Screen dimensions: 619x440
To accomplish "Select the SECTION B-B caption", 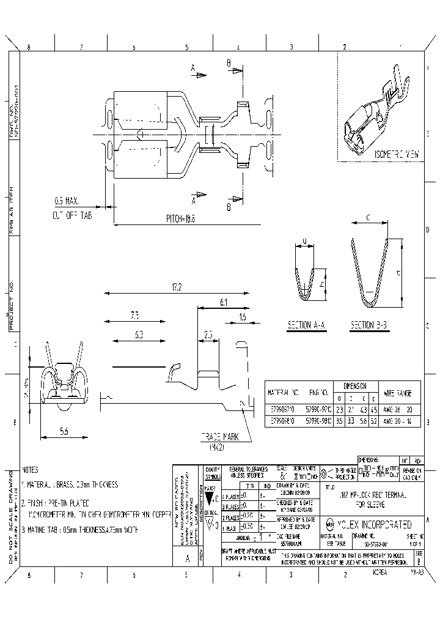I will [x=369, y=326].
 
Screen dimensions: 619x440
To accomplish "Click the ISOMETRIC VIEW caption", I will [x=397, y=155].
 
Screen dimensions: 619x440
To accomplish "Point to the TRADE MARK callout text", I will [x=218, y=438].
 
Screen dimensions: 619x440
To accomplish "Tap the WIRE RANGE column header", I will [x=401, y=392].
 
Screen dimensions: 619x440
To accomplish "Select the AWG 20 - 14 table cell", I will [x=401, y=421].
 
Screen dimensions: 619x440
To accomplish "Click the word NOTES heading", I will [x=30, y=470].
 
